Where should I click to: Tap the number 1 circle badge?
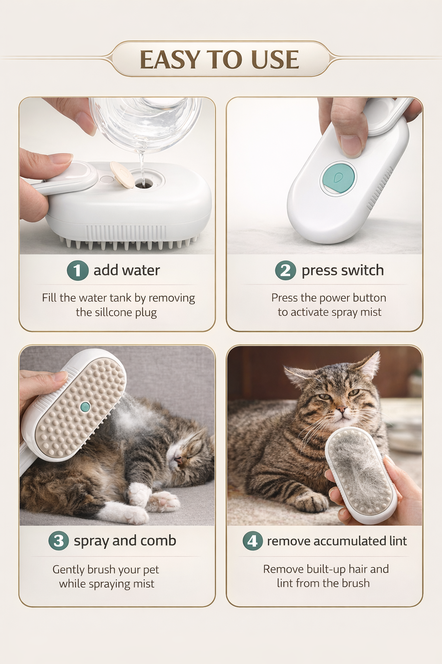78,271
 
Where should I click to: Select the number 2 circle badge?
285,271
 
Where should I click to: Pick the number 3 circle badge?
58,541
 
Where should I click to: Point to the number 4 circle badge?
253,541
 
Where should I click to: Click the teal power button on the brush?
338,178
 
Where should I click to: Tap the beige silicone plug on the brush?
123,174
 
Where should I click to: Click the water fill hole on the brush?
142,184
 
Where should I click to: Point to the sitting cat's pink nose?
341,409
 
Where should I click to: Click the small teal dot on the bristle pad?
85,407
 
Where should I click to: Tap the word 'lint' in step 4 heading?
397,541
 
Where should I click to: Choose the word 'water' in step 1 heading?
141,270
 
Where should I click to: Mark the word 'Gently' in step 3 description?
68,569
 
